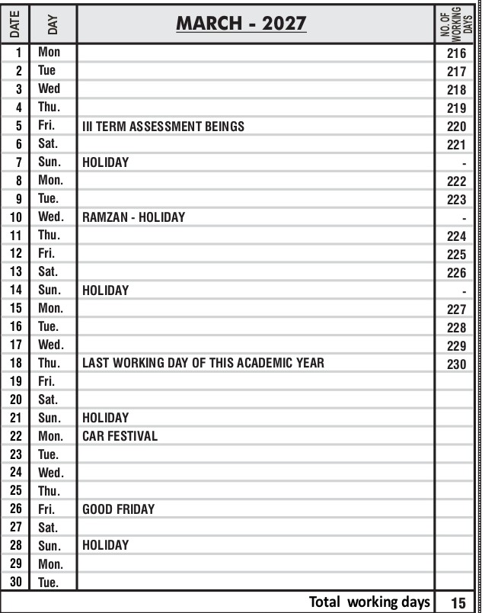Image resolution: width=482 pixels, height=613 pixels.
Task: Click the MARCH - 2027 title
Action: [x=241, y=24]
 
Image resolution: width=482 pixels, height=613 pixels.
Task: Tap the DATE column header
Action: [x=14, y=24]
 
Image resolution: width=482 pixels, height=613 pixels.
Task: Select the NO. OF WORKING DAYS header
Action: [x=455, y=24]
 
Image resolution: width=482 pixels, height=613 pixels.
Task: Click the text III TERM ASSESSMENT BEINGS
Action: [x=163, y=126]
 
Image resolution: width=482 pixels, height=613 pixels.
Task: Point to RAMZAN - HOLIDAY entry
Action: [x=133, y=217]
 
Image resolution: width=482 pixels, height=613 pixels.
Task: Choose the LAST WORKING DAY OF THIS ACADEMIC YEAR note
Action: [x=203, y=363]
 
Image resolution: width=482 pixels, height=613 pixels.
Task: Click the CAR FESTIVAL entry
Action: [x=120, y=436]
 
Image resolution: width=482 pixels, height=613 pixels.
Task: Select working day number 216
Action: [x=456, y=53]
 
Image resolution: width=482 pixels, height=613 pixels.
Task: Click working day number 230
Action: [x=456, y=364]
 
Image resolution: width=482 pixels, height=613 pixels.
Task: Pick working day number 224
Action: [x=456, y=236]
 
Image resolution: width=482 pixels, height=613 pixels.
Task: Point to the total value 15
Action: [x=458, y=602]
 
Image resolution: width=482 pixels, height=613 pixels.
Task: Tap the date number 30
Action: [x=16, y=582]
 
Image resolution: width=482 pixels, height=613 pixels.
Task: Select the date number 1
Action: [x=18, y=53]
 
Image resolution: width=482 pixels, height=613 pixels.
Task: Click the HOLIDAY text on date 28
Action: [x=105, y=545]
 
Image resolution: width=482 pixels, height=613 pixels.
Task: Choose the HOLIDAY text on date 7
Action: [x=105, y=162]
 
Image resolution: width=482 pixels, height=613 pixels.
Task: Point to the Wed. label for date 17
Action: [x=50, y=345]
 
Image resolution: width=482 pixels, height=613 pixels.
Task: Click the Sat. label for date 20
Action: [x=49, y=400]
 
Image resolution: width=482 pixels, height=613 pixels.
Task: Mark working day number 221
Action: [x=456, y=145]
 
